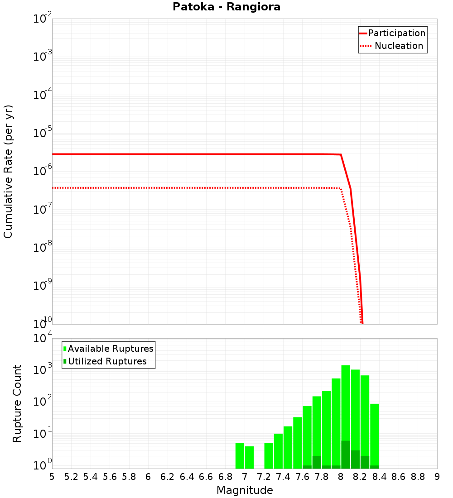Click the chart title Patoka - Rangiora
click(x=226, y=7)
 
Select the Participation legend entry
click(x=396, y=33)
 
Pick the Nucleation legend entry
click(x=399, y=46)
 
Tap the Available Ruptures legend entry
click(x=111, y=349)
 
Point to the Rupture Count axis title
click(x=17, y=403)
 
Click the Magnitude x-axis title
click(x=245, y=490)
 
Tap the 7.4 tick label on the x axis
click(x=283, y=477)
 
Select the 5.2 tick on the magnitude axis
click(x=71, y=477)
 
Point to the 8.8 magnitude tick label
click(x=418, y=477)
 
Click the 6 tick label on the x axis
click(x=148, y=477)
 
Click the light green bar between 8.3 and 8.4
click(x=374, y=435)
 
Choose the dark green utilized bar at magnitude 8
click(x=346, y=455)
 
